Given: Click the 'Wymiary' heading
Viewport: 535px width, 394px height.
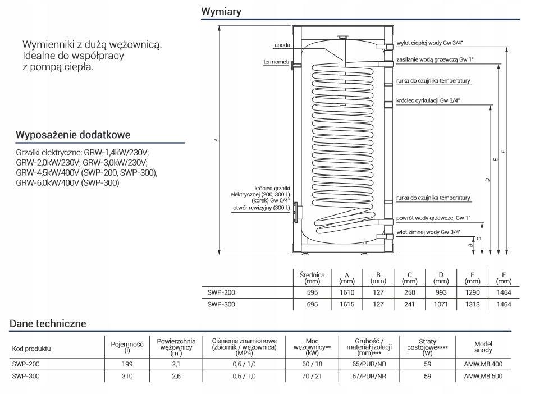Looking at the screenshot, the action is pos(221,12).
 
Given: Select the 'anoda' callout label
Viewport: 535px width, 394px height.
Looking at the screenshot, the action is pos(282,45).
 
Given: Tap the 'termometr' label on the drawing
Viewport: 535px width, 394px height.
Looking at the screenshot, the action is pos(276,62).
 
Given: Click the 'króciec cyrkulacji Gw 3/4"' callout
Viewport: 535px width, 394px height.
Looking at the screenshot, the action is pos(428,100).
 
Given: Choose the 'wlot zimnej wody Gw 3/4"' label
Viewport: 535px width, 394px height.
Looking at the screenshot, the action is pos(428,232).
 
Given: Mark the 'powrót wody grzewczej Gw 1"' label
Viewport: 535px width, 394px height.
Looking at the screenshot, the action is pos(433,218).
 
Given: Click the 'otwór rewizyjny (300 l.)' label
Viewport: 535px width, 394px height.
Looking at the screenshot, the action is pos(262,208).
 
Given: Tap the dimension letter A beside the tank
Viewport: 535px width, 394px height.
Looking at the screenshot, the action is pos(216,140).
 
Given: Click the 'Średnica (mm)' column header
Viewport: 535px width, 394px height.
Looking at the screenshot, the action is pos(312,278).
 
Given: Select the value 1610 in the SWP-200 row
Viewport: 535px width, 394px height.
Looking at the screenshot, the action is pos(347,292).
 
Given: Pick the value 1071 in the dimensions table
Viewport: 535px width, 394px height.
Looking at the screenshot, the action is pos(441,304).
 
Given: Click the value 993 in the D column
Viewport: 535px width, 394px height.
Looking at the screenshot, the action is pos(441,292).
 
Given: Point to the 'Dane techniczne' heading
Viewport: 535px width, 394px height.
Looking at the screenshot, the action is pos(48,323).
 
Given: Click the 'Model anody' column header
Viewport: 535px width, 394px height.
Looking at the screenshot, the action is pos(483,347).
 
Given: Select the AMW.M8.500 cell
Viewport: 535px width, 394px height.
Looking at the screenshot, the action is pos(483,376).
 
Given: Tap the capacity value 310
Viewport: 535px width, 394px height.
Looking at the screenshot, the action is pos(127,376).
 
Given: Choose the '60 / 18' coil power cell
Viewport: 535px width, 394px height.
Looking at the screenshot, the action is pos(312,364).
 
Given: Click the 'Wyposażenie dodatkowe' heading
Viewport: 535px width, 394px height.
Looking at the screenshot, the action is pos(73,135).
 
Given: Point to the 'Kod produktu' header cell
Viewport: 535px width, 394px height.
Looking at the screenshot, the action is pos(31,349).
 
